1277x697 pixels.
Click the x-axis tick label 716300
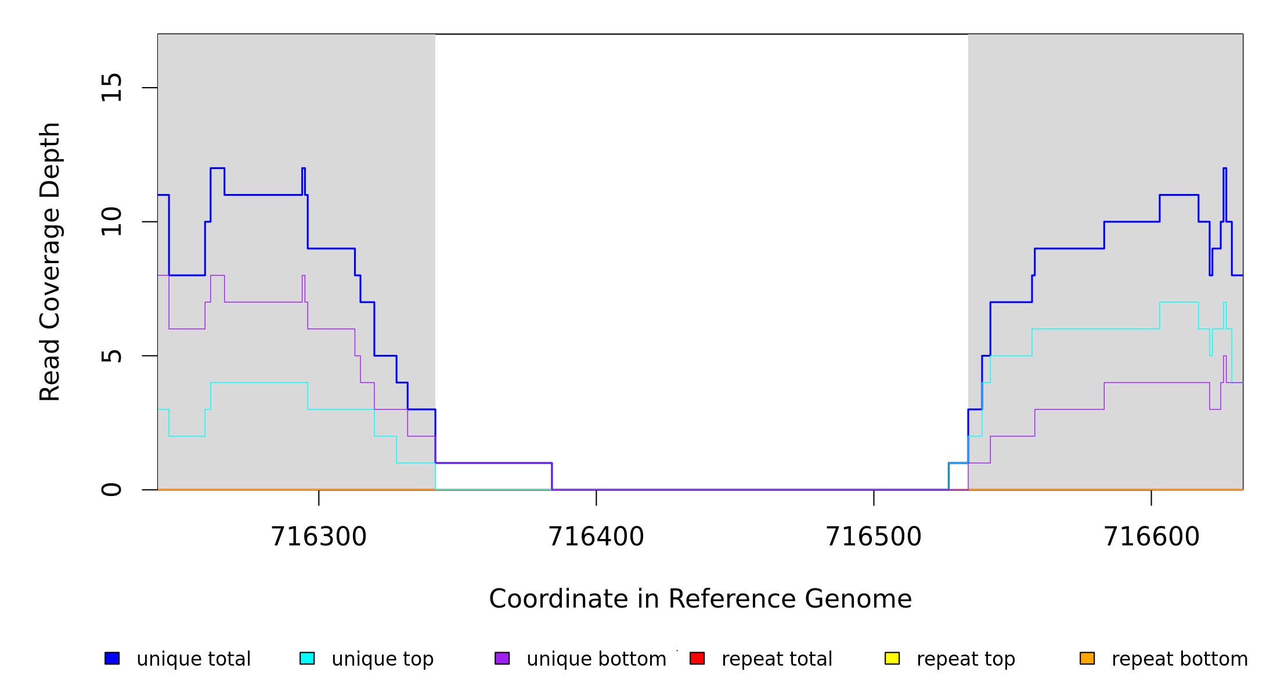319,537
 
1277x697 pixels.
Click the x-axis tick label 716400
596,537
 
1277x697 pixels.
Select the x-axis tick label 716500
874,537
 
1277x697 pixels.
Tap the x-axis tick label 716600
1151,537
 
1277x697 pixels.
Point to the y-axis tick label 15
111,88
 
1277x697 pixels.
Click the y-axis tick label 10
111,222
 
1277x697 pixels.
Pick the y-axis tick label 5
111,355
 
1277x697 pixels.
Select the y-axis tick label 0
111,490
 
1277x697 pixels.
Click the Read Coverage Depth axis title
50,261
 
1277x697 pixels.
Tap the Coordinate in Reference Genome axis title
700,599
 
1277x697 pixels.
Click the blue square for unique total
112,658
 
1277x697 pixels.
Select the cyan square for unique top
307,658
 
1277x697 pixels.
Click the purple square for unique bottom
502,658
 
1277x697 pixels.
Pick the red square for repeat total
697,658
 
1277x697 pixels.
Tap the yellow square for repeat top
892,658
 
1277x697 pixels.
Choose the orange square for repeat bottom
1087,658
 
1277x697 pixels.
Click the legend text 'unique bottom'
596,659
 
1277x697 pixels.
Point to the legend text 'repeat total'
777,659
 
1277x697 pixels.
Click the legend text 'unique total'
193,659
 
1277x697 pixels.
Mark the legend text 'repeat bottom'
1179,659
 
